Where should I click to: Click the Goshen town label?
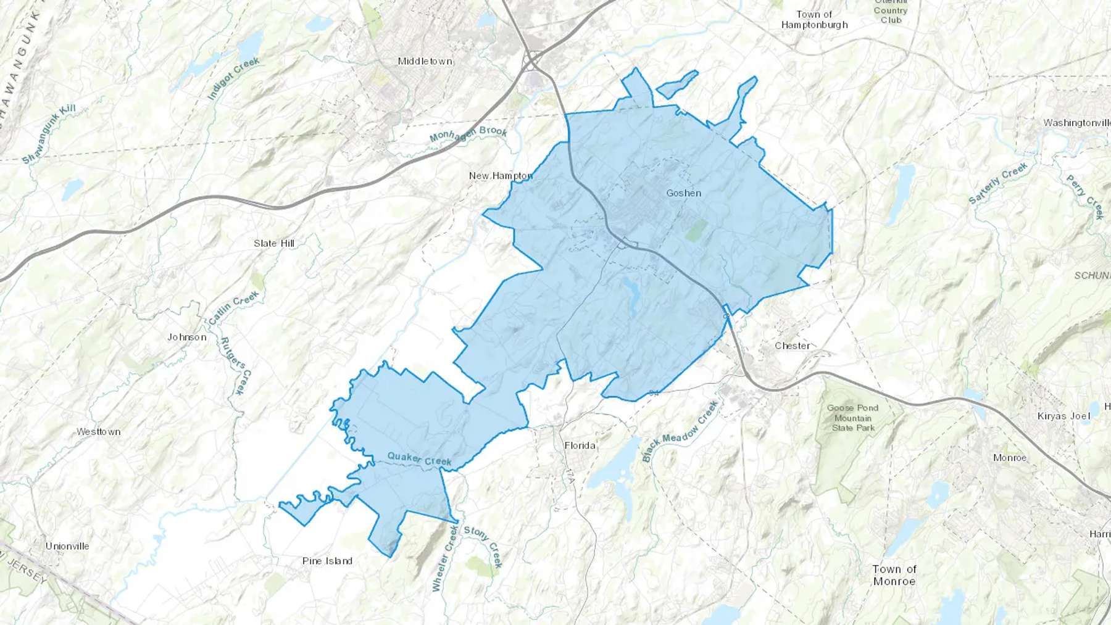(x=683, y=193)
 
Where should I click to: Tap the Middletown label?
(x=425, y=61)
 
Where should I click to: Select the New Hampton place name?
(x=501, y=176)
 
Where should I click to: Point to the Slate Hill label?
(x=274, y=243)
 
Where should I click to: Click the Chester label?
(x=792, y=346)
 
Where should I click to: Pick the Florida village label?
(x=580, y=445)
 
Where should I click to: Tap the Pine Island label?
(x=327, y=561)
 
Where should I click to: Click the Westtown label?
(x=99, y=432)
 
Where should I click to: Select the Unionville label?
(x=67, y=546)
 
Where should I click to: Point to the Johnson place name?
(x=187, y=337)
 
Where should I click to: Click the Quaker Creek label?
(x=419, y=458)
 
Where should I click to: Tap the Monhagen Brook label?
(x=468, y=133)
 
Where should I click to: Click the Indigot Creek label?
(x=233, y=78)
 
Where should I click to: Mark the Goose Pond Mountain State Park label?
(x=853, y=418)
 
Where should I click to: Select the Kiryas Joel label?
(x=1063, y=416)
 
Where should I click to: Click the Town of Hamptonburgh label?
(x=815, y=20)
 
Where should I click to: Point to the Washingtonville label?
(x=1076, y=123)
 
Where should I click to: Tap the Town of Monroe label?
(x=894, y=575)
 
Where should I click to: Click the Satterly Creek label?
(x=998, y=183)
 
